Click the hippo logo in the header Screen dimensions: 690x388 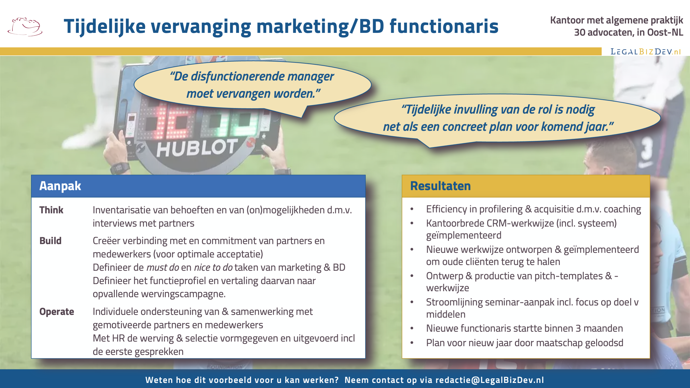coord(25,27)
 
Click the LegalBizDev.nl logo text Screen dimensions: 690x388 coord(646,52)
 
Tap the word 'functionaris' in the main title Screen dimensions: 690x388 coord(444,26)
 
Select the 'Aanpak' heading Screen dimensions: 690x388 coord(60,186)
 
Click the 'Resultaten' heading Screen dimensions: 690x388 coord(440,186)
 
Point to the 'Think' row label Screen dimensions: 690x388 coord(51,210)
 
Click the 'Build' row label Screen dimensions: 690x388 coord(50,241)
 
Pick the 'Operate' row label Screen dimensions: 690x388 coord(57,312)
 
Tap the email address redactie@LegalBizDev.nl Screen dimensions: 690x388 coord(490,380)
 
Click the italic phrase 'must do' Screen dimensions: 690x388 coord(163,267)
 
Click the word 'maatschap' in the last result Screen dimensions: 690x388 coord(560,343)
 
